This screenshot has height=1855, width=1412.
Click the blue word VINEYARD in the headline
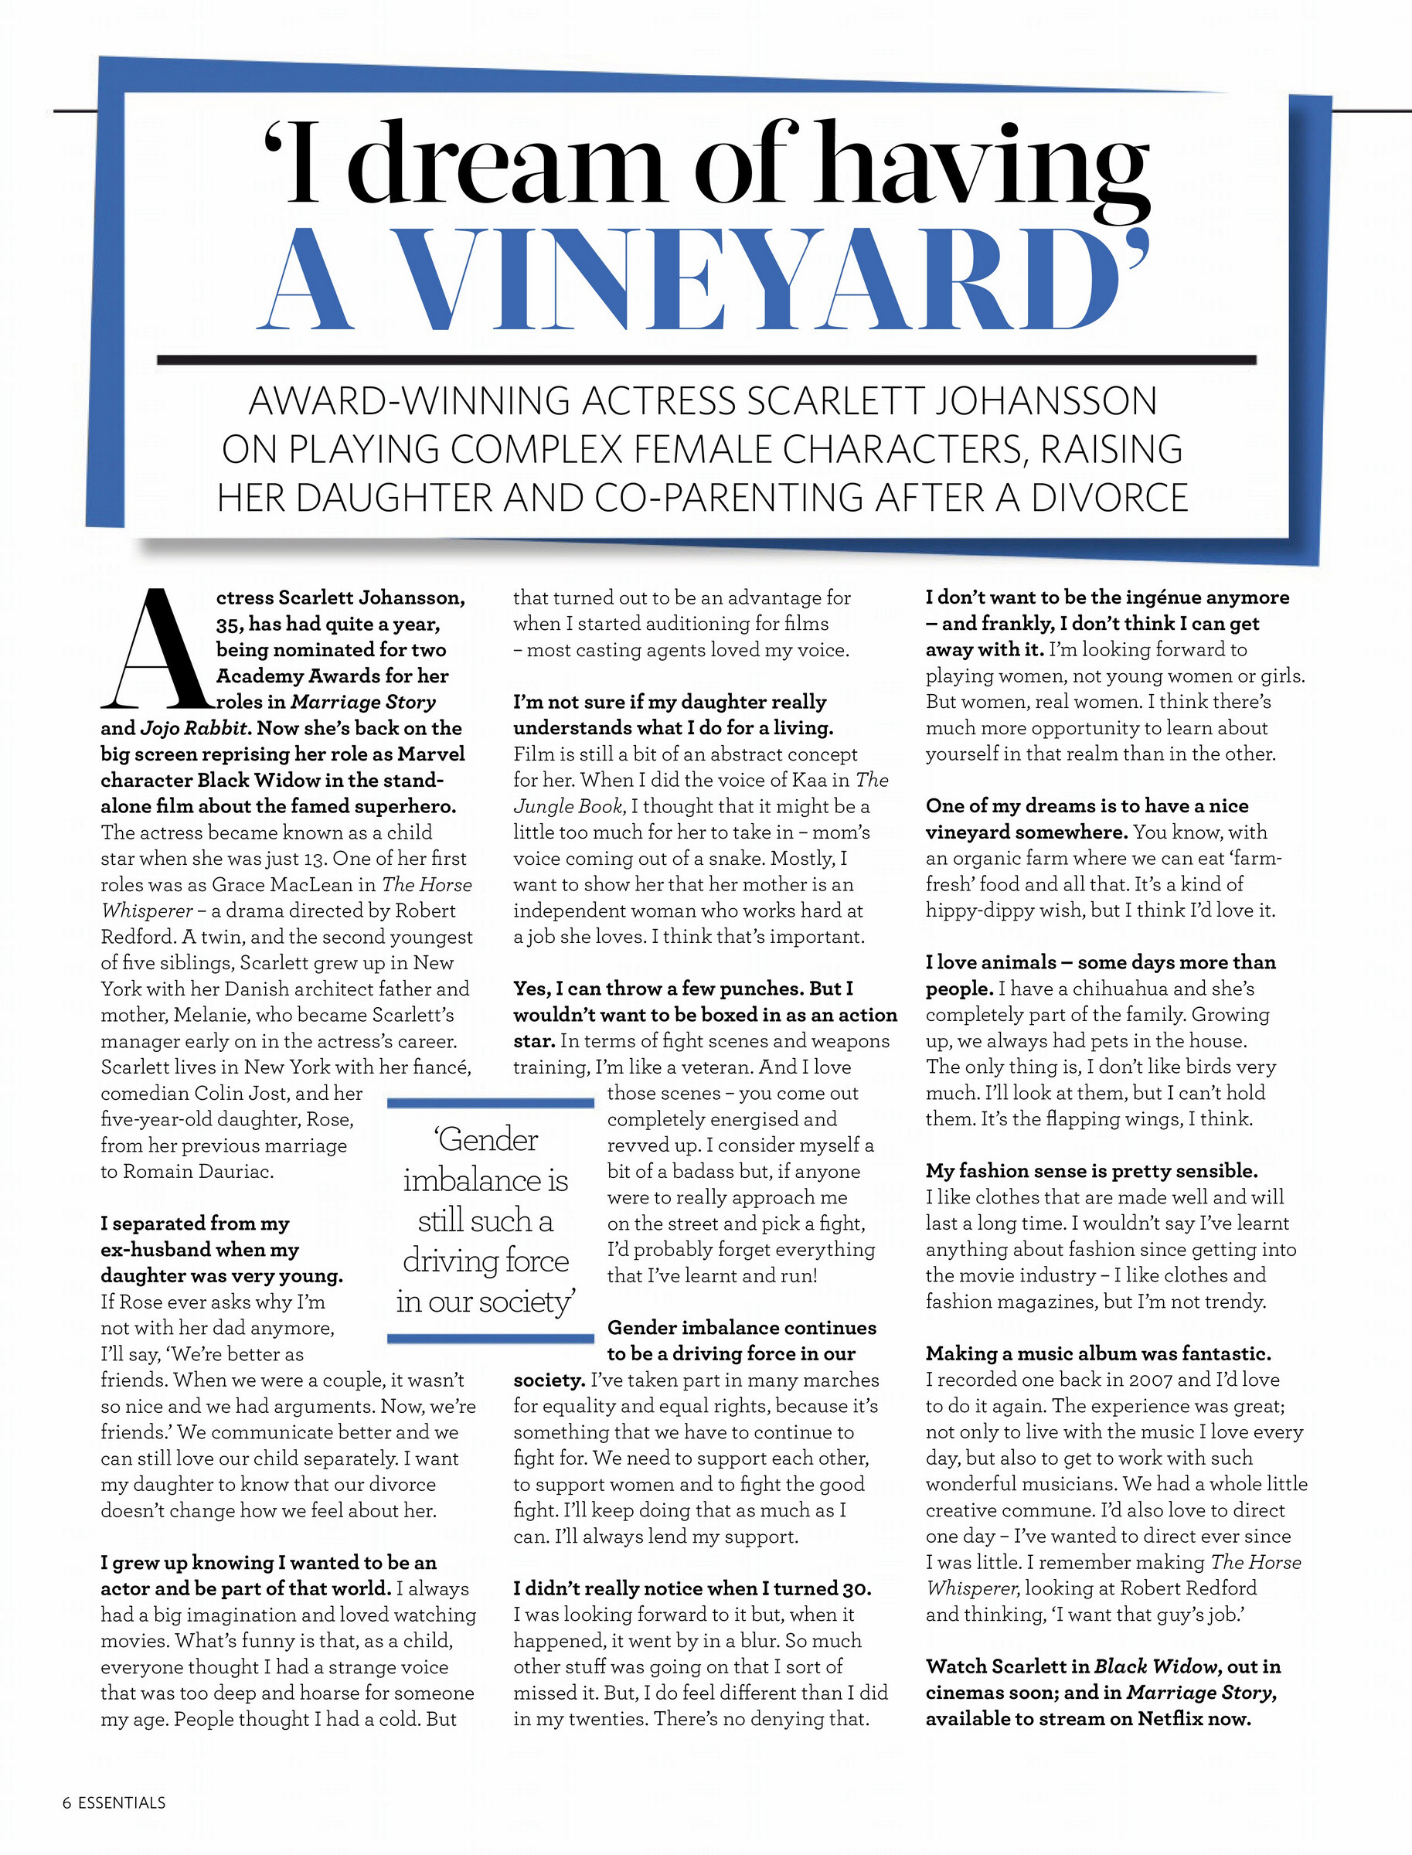pos(757,279)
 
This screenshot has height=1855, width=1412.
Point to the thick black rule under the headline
pos(706,359)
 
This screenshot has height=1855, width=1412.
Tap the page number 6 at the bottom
pos(66,1803)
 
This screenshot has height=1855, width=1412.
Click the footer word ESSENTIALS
pos(122,1803)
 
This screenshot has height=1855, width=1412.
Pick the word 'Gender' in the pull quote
pos(488,1140)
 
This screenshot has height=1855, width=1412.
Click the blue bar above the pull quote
pos(491,1102)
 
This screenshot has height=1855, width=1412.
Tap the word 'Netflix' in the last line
pos(1172,1719)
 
